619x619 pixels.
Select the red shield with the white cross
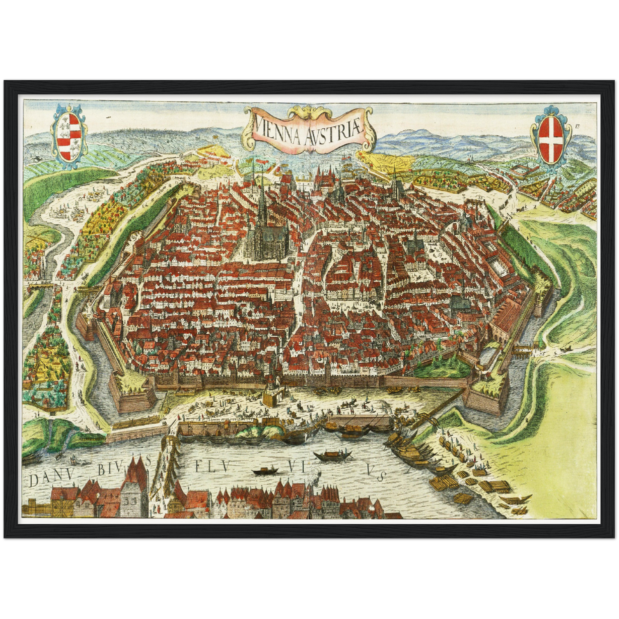point(550,139)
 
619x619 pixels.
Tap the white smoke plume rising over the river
point(315,471)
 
